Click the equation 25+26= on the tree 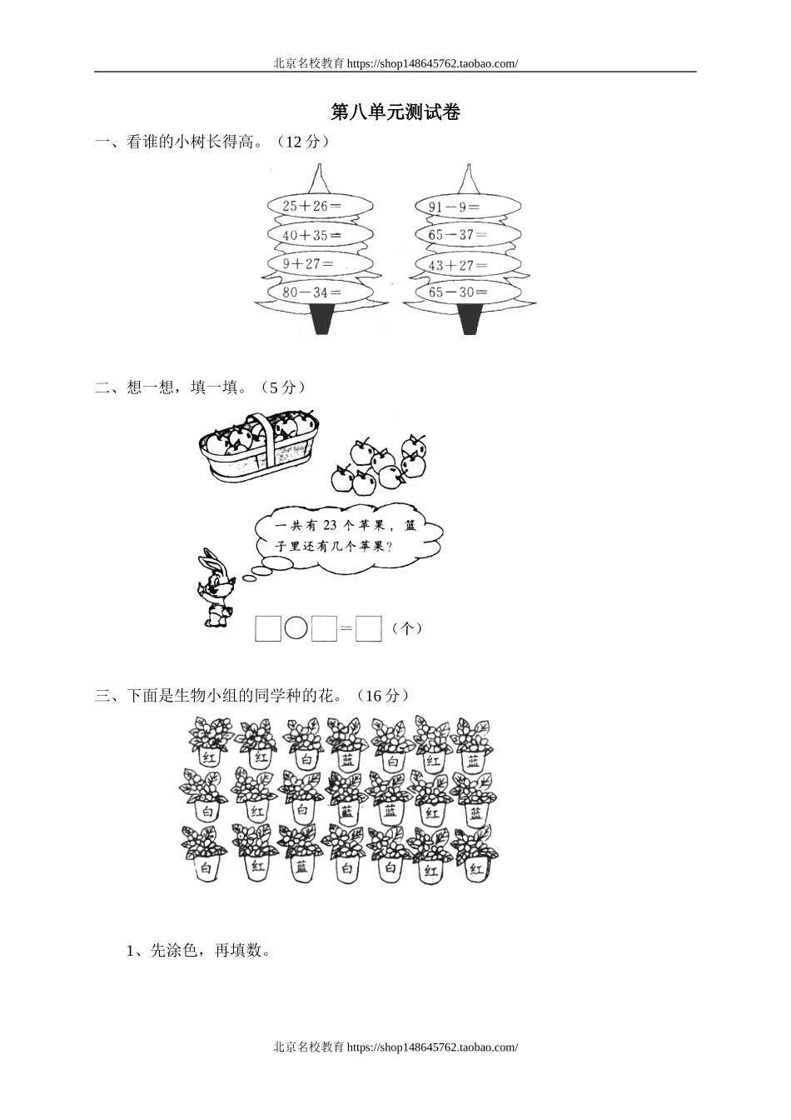coord(306,206)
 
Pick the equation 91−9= coord(454,207)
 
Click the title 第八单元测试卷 coord(395,112)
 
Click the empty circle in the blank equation coord(296,628)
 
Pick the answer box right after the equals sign coord(368,628)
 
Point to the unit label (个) coord(406,628)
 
